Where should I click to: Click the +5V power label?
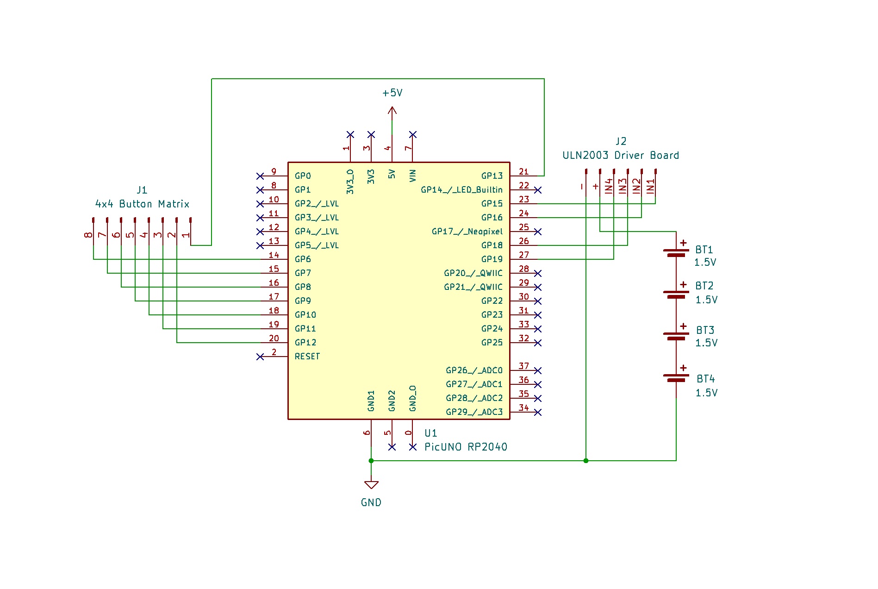click(392, 93)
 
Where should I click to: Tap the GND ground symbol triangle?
click(371, 485)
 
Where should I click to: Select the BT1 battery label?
click(704, 250)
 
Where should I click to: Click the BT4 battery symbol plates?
click(676, 378)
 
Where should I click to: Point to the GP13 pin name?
click(492, 176)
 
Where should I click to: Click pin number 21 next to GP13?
click(523, 172)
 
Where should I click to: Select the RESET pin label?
click(307, 357)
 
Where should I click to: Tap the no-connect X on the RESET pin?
click(260, 357)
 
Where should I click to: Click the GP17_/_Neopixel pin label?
click(467, 232)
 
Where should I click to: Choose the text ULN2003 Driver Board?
click(620, 156)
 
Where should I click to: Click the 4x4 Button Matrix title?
click(142, 204)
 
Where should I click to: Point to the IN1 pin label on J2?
click(650, 186)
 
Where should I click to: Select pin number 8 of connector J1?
click(88, 235)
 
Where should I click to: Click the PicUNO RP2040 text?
click(466, 447)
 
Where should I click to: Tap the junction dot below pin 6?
click(371, 461)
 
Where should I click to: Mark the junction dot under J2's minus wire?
click(586, 461)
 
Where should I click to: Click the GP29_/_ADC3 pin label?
click(474, 412)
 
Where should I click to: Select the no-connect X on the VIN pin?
click(413, 134)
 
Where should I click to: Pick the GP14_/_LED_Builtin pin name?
click(461, 190)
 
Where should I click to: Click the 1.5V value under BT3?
click(706, 343)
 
